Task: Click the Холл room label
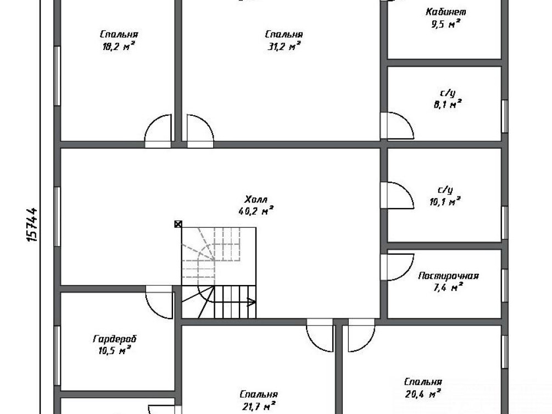255,200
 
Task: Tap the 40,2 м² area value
256,211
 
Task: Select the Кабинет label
445,12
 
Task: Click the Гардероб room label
115,339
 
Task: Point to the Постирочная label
449,276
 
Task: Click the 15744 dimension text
32,224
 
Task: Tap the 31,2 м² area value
284,46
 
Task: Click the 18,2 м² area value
119,46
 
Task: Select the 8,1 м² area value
448,104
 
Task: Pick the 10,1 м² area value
445,202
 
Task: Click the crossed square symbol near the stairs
179,224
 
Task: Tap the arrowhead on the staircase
252,301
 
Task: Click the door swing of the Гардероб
159,301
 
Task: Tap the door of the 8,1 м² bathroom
397,126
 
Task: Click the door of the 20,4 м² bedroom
361,335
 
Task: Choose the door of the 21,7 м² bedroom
320,335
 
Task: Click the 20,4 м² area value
423,394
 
